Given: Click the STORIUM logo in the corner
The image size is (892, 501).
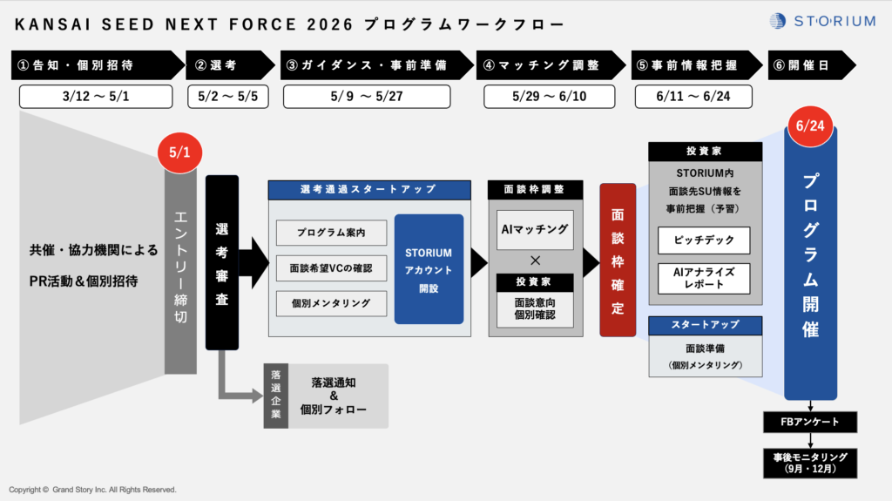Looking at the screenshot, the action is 822,21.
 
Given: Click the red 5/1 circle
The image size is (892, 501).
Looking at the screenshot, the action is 179,152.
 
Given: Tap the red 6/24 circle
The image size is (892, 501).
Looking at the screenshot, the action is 810,125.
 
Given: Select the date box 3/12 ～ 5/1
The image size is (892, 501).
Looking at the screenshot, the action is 96,96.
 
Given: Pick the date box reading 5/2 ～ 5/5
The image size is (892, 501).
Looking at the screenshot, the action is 228,96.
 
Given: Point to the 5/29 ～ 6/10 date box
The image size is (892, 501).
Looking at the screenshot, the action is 549,96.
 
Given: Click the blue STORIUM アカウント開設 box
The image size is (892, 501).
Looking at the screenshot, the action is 429,269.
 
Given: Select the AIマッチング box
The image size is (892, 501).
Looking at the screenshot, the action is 535,230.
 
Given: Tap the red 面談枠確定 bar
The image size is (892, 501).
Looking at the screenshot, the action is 618,261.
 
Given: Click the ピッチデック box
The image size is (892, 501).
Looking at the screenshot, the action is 704,240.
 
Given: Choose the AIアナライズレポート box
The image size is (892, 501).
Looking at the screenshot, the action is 704,279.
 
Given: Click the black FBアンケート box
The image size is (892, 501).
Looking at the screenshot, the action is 810,422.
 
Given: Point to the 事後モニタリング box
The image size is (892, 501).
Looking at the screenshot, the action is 810,463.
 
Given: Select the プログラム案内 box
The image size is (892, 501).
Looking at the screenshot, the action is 331,233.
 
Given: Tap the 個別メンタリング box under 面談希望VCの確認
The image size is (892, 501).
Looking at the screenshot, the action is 331,303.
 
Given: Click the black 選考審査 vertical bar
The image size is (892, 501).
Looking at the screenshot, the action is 222,262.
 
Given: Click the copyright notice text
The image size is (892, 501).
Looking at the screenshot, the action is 92,490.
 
